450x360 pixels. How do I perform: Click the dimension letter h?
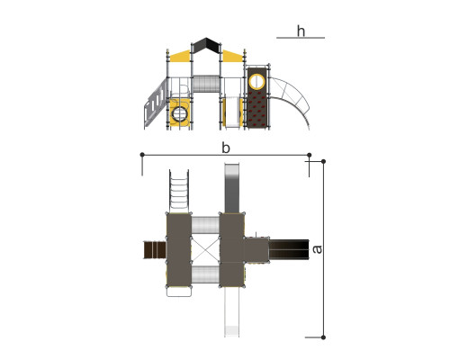pos(301,31)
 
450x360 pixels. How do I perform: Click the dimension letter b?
pos(226,148)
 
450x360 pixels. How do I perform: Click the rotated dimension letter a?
pos(317,249)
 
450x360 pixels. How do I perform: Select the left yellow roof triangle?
pos(180,57)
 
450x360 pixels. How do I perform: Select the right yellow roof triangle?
pos(232,57)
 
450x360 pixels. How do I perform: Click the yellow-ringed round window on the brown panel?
pos(257,81)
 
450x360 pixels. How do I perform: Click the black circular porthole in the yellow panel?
pos(179,114)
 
